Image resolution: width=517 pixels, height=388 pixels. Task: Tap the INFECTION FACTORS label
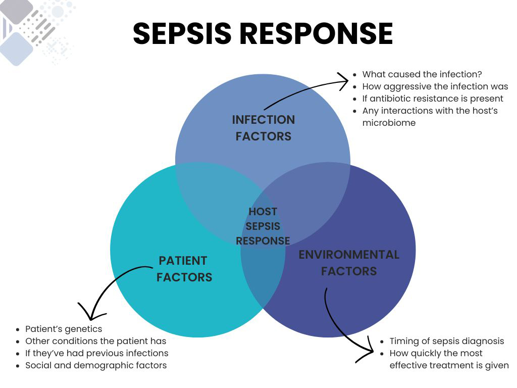pos(263,128)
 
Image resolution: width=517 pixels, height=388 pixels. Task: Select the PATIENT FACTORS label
pos(184,269)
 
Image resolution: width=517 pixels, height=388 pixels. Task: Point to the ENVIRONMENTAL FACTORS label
pos(349,263)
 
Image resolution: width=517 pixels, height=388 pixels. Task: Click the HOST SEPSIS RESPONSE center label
pos(263,226)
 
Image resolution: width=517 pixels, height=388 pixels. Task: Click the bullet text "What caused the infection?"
pos(422,74)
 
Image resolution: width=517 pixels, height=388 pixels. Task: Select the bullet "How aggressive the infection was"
pos(435,86)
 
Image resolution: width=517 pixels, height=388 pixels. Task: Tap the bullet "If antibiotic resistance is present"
pos(433,99)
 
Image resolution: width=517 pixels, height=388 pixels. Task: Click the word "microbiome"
pos(389,123)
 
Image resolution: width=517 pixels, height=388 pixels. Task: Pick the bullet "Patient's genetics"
pos(64,329)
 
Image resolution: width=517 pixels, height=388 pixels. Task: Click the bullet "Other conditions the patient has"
pos(95,341)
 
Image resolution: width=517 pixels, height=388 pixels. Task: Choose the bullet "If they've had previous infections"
pos(96,353)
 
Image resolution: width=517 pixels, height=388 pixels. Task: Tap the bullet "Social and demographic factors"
pos(96,365)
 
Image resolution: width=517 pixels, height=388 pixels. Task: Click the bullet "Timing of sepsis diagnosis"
pos(446,341)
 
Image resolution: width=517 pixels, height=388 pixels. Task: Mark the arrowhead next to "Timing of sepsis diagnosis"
pos(369,352)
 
